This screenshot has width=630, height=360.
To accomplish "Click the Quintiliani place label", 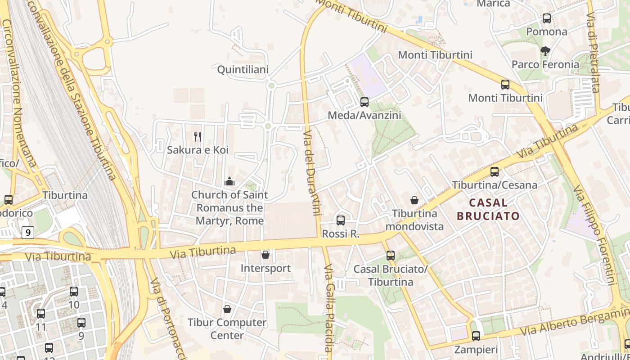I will coord(243,70).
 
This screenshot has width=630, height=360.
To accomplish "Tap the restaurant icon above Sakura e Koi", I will coord(197,136).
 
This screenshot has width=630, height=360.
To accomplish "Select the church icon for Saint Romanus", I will coord(229,182).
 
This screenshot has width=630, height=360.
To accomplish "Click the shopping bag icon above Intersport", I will coord(265,255).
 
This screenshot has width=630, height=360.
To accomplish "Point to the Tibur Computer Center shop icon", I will coord(227,309).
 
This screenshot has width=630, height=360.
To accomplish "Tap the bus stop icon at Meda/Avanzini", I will coord(364,102).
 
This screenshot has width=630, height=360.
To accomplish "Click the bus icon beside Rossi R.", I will coord(341,220).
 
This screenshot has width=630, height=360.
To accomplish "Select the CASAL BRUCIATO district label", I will coord(488,209).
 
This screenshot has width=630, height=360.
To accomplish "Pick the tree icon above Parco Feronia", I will coord(545,51).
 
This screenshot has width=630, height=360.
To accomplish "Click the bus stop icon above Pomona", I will coord(547,18).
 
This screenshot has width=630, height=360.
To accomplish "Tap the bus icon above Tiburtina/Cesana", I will coord(495,171).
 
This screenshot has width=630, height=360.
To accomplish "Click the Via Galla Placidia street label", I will coord(329,308).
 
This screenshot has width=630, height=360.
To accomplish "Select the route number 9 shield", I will coord(28,233).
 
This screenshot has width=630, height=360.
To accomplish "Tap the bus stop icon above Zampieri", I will coord(476,336).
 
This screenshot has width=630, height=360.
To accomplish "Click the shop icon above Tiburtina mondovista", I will coord(414,200).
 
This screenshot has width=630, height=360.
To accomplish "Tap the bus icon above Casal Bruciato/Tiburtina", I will coord(390,255).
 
